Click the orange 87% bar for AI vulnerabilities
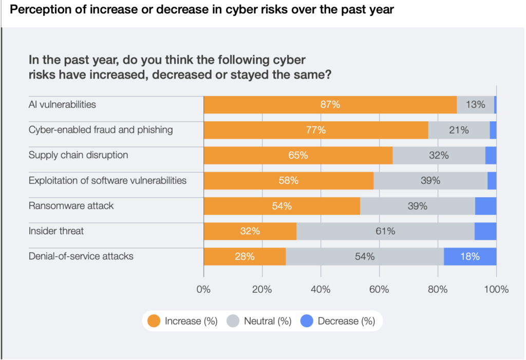click(x=330, y=105)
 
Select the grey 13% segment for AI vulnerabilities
click(x=475, y=105)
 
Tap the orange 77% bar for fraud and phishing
click(x=315, y=130)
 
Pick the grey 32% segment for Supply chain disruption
click(x=439, y=155)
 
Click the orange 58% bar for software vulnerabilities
click(x=288, y=181)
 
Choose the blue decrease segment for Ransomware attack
click(x=485, y=206)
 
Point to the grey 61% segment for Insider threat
click(x=385, y=231)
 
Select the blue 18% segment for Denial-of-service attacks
click(x=470, y=256)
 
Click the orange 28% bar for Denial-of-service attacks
click(x=245, y=256)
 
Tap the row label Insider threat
click(x=56, y=231)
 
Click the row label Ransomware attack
click(x=71, y=206)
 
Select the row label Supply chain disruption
click(x=78, y=155)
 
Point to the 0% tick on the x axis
click(x=204, y=289)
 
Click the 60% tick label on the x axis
click(x=379, y=289)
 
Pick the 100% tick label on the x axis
click(x=496, y=289)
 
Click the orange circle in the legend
click(x=154, y=321)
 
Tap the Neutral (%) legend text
click(x=268, y=321)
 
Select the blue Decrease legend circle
click(x=307, y=321)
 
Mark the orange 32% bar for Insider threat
click(x=250, y=231)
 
